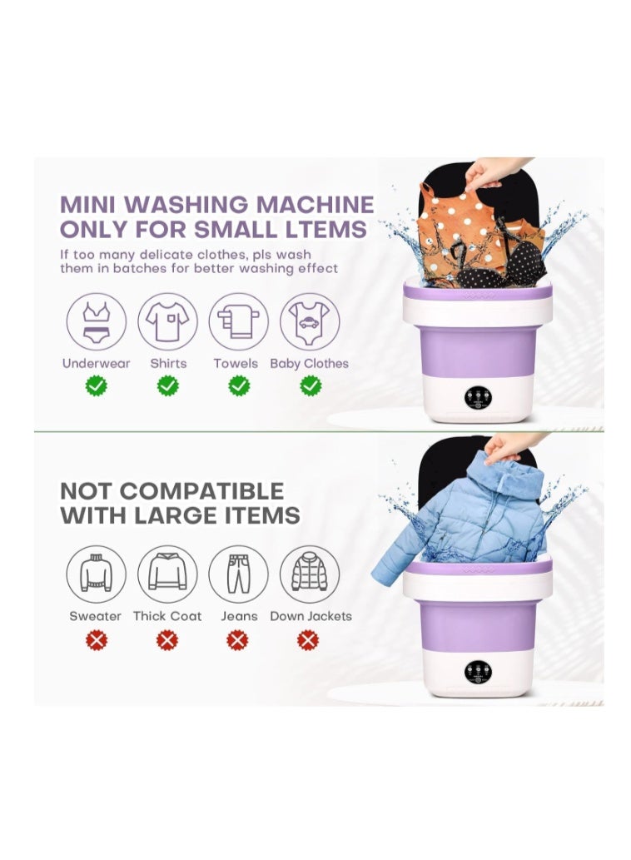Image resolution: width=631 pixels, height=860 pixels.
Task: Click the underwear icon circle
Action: click(x=96, y=322)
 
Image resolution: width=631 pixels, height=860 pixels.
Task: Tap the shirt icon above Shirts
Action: click(x=167, y=322)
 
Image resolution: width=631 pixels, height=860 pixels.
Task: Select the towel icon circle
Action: click(x=238, y=322)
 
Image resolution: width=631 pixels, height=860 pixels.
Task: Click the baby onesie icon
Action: click(x=309, y=322)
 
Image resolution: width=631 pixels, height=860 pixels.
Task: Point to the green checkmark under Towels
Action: click(x=239, y=385)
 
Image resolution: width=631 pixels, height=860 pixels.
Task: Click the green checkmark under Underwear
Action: click(x=97, y=385)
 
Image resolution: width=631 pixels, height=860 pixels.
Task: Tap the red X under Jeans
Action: click(x=237, y=640)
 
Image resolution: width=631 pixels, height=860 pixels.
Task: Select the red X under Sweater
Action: click(x=97, y=640)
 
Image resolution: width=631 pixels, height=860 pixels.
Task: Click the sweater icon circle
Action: click(x=96, y=574)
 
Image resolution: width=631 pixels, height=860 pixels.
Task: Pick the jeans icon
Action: click(x=238, y=574)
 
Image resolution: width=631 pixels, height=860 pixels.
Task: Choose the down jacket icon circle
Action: click(x=309, y=574)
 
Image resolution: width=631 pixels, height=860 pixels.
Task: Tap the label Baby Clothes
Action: click(x=309, y=364)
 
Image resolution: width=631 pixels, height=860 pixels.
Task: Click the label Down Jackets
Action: click(x=311, y=616)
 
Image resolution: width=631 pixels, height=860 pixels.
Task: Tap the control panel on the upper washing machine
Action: click(x=478, y=398)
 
